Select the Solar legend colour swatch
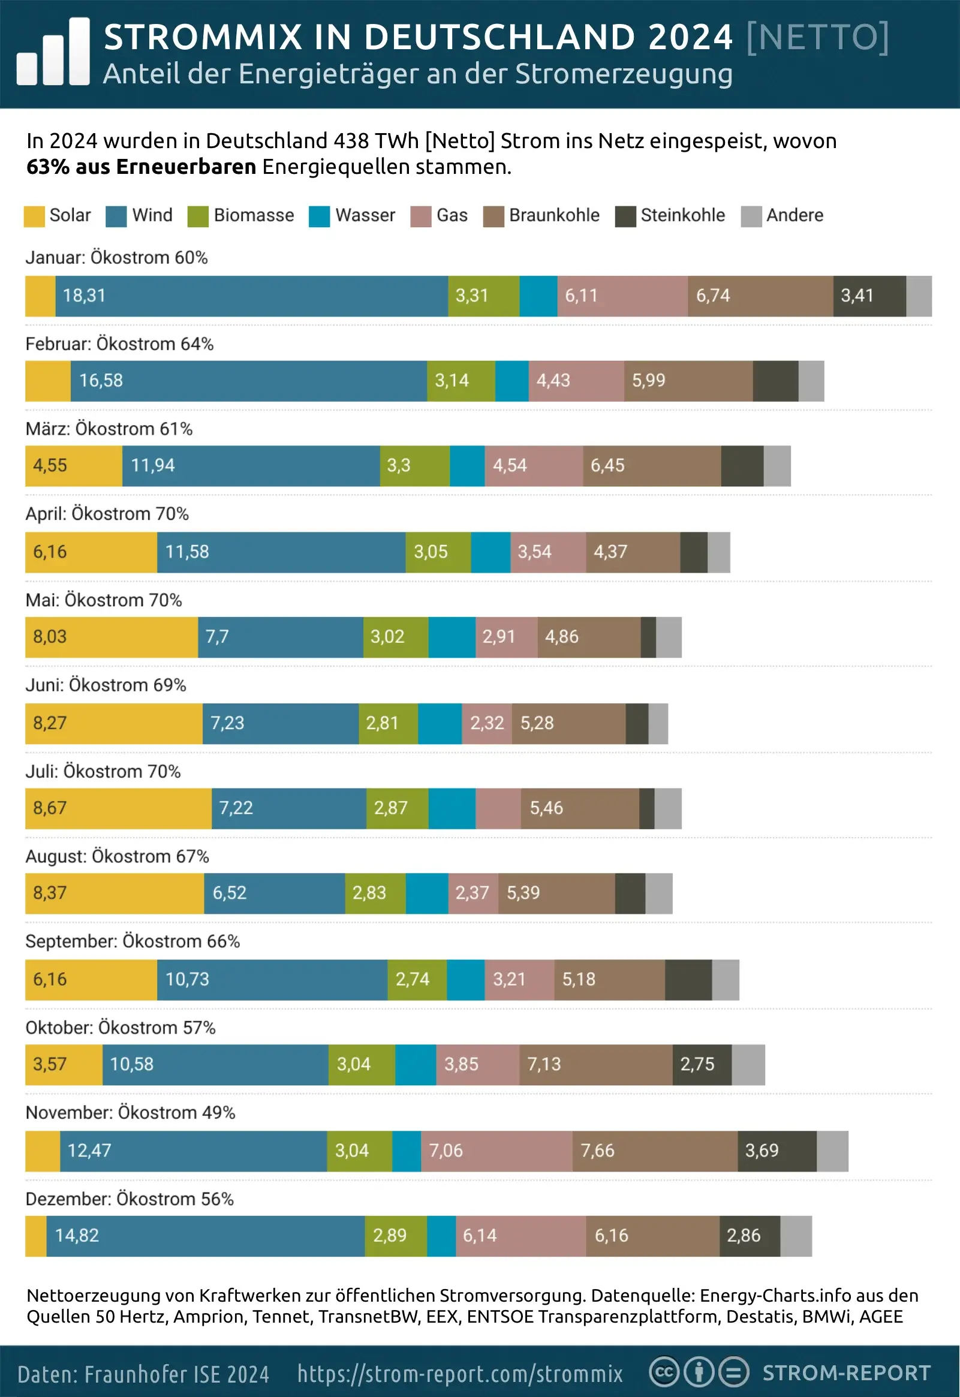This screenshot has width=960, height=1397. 34,216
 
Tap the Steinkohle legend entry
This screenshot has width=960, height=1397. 670,216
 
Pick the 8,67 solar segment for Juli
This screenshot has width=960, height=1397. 118,808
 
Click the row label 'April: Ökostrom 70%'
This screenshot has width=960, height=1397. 107,514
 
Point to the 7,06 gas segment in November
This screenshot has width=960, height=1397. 496,1151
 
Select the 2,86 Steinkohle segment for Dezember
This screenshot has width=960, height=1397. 750,1236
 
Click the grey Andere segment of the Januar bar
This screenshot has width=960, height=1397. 919,296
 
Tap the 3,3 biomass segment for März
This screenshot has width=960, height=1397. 414,466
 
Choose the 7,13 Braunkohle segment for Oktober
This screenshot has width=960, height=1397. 595,1064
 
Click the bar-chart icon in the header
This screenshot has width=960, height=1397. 53,52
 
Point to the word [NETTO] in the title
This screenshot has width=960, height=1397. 817,37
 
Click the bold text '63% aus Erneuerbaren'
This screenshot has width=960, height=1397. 142,167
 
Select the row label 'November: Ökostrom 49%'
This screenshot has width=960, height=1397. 130,1113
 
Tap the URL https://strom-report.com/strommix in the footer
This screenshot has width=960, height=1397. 460,1374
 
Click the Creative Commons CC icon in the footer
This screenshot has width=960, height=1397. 664,1373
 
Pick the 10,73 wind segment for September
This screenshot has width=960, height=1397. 272,980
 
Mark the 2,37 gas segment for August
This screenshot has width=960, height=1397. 473,893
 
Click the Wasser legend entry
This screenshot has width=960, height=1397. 352,216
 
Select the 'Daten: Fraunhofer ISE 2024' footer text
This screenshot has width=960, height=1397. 143,1374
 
